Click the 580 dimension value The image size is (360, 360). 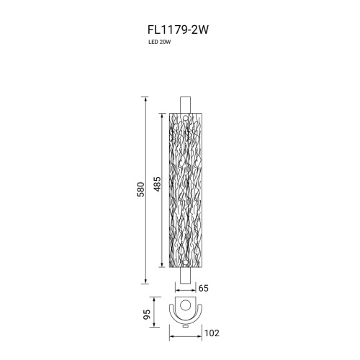point(141,189)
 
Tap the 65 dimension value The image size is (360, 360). point(203,288)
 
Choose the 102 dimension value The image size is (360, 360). point(211,333)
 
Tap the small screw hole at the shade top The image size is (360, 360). point(185,120)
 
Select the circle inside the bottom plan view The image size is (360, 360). point(185,305)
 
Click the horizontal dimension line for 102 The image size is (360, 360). point(185,333)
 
